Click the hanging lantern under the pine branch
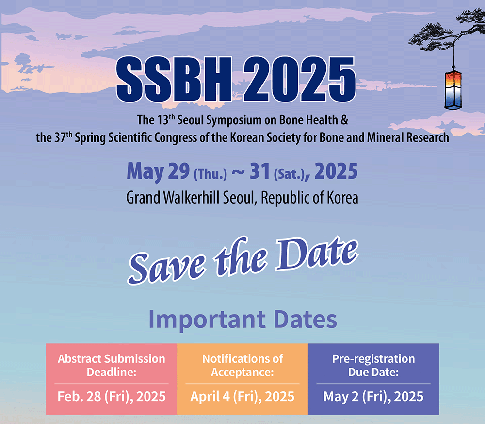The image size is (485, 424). pyautogui.click(x=453, y=90)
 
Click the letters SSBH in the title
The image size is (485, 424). pyautogui.click(x=174, y=79)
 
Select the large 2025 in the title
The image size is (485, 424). pyautogui.click(x=300, y=79)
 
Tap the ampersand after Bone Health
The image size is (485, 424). pyautogui.click(x=344, y=120)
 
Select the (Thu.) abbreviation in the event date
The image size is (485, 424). pyautogui.click(x=210, y=174)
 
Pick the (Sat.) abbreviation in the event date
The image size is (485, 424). pyautogui.click(x=289, y=174)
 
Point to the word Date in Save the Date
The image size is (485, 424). pyautogui.click(x=317, y=254)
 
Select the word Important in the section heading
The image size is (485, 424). pyautogui.click(x=207, y=320)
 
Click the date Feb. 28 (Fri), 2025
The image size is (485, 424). pyautogui.click(x=112, y=397)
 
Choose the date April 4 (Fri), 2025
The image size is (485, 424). pyautogui.click(x=242, y=397)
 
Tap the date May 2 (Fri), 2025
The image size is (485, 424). pyautogui.click(x=373, y=397)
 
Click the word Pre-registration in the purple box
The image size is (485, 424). pyautogui.click(x=373, y=359)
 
